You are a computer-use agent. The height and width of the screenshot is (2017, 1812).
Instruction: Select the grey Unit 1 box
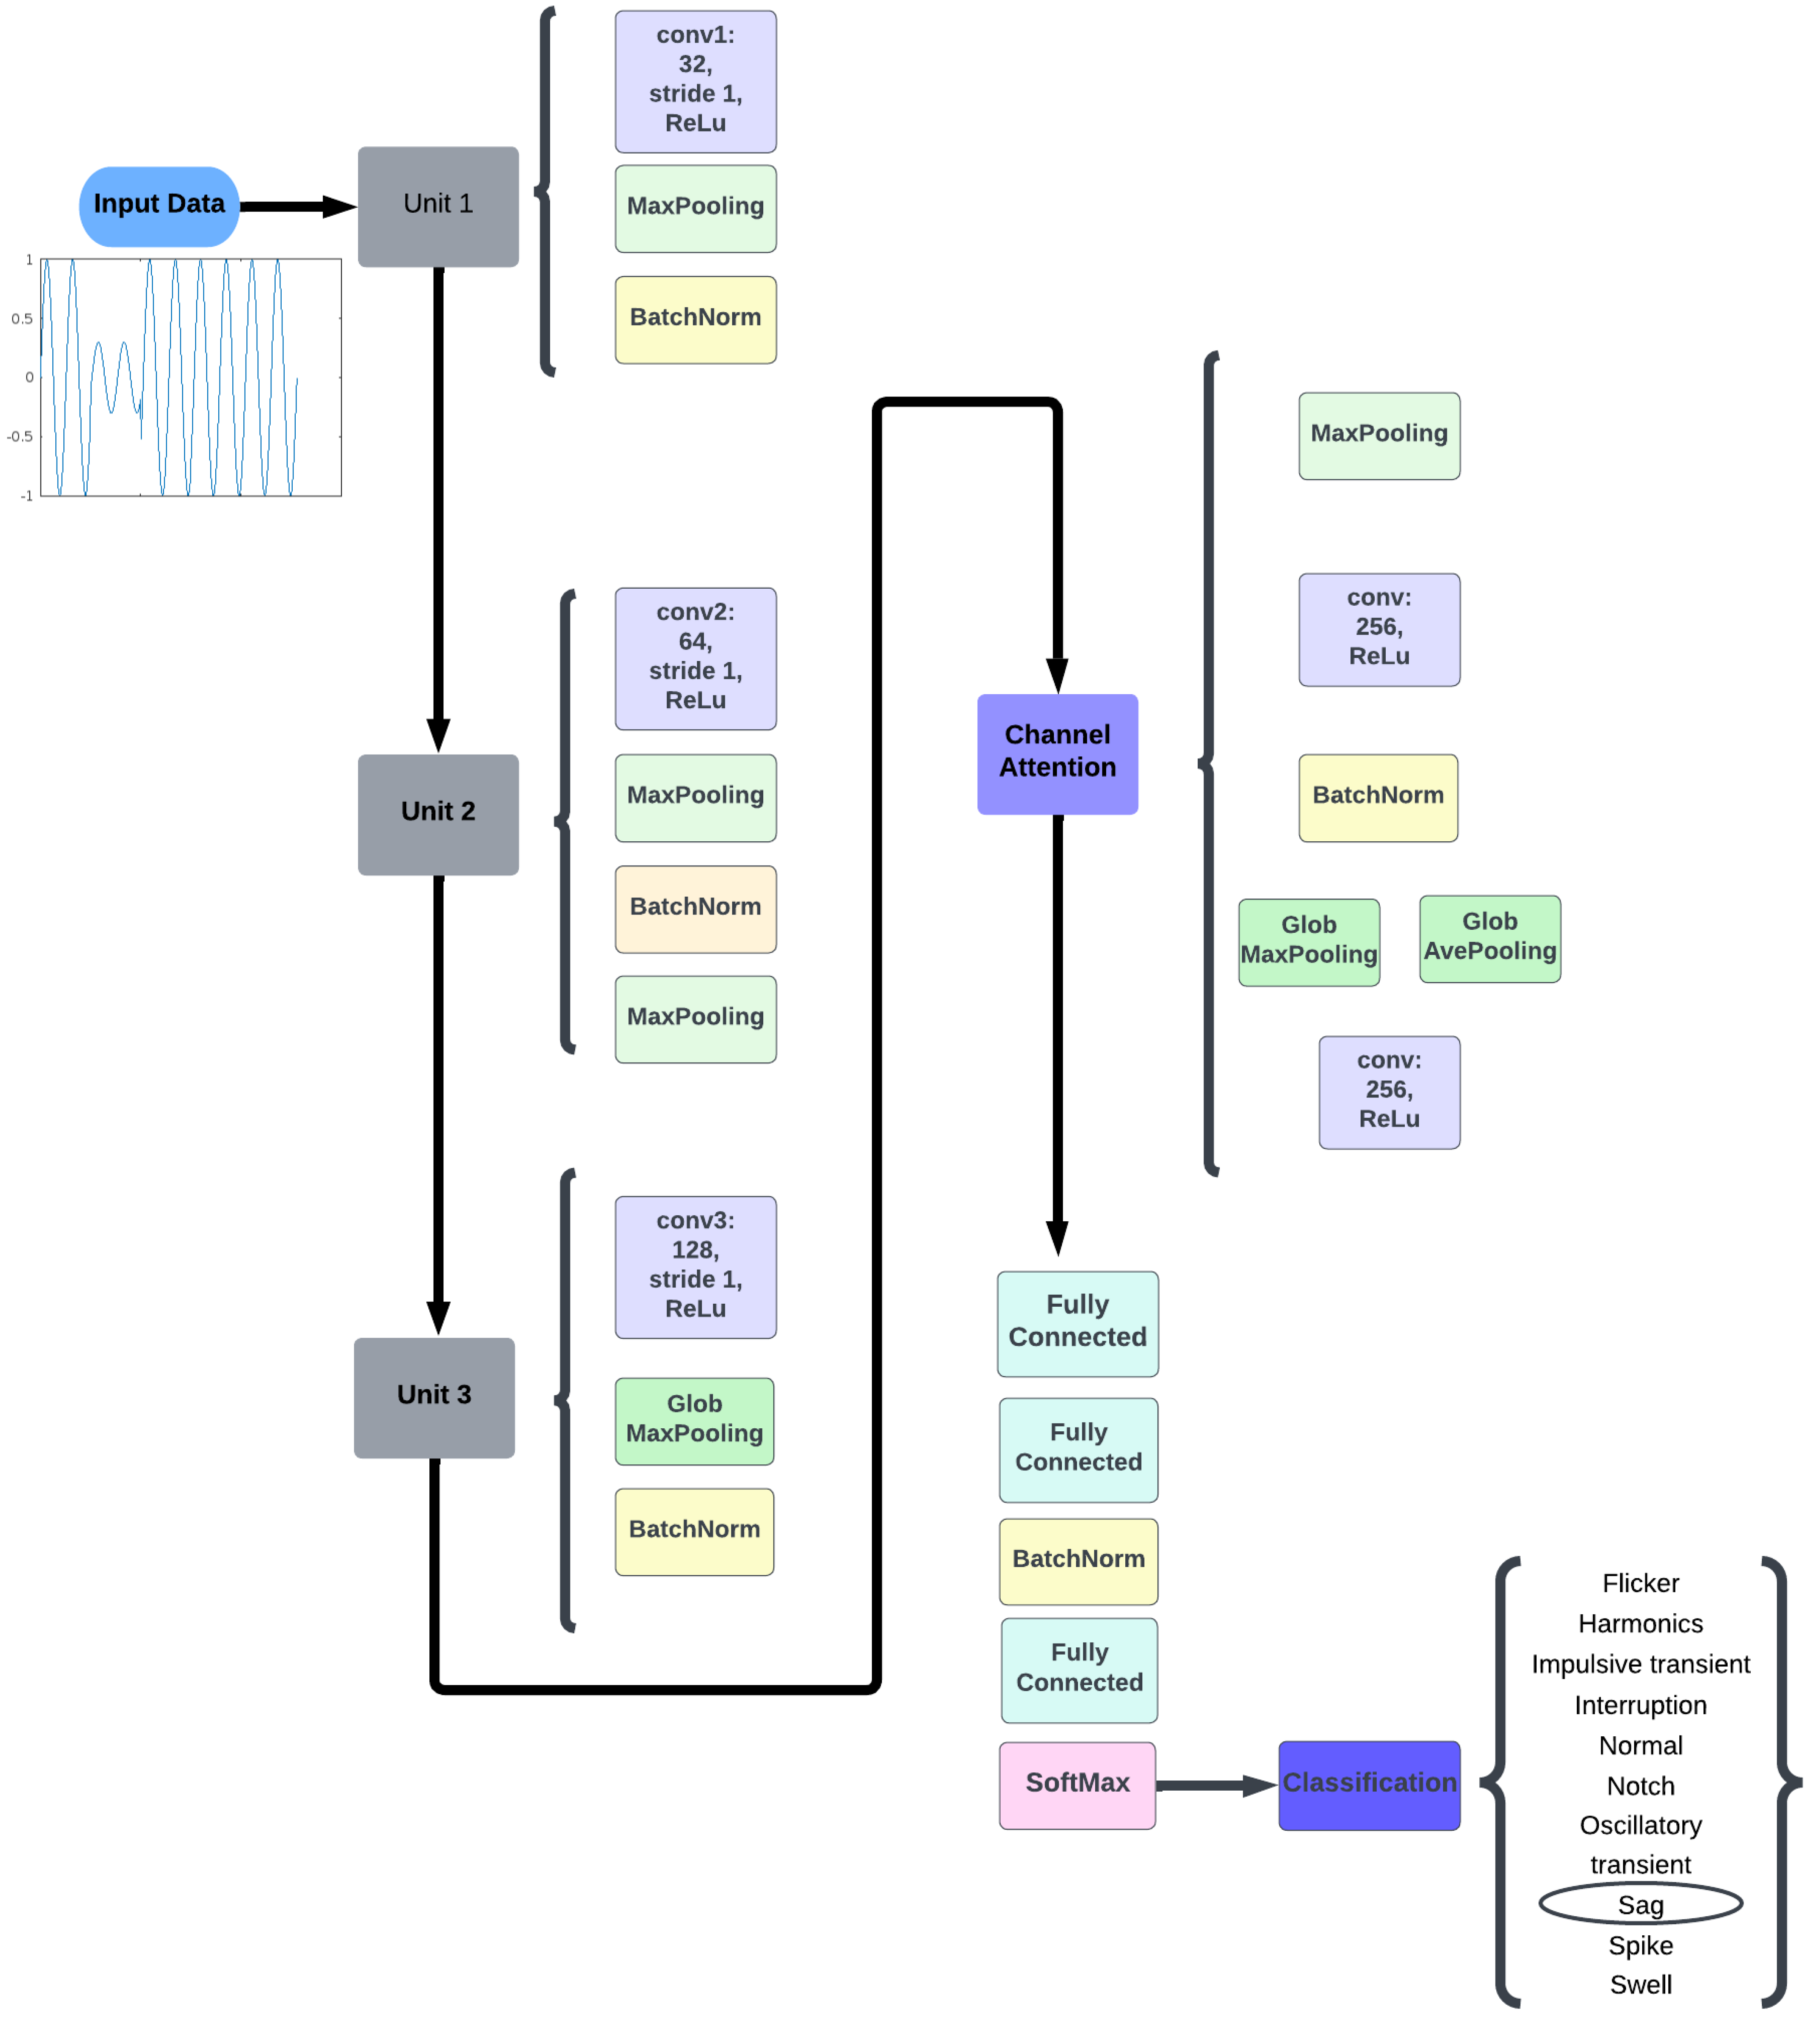pyautogui.click(x=438, y=206)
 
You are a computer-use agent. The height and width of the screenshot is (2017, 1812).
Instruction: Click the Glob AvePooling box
pyautogui.click(x=1490, y=938)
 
